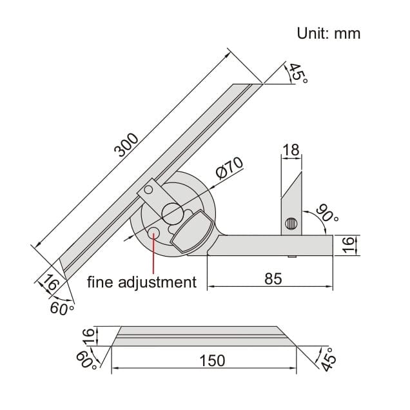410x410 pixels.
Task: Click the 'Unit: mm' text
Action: [x=328, y=34]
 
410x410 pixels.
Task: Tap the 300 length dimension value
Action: [x=126, y=145]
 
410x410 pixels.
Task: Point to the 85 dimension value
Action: [x=273, y=278]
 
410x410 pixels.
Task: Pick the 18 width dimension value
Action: [x=291, y=151]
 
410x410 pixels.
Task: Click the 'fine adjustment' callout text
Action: [x=142, y=282]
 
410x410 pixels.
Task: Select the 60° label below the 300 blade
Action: [x=62, y=309]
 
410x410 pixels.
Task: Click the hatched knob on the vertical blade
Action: [x=291, y=224]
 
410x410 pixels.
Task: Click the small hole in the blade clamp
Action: [x=149, y=189]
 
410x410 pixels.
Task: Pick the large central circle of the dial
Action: [x=172, y=212]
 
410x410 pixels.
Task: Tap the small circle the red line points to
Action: [x=154, y=232]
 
